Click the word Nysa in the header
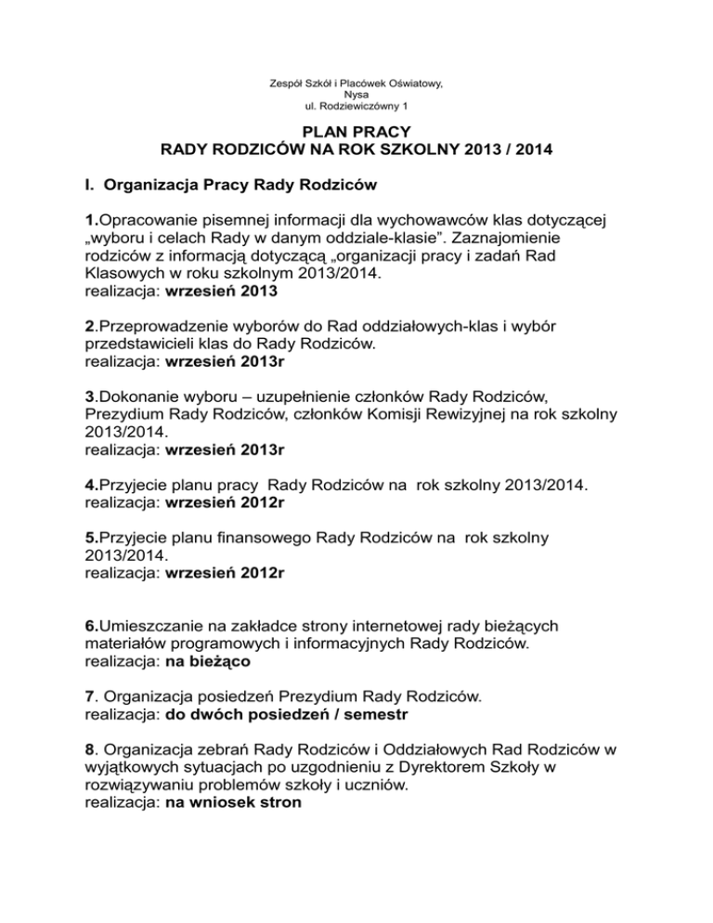tap(356, 94)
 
